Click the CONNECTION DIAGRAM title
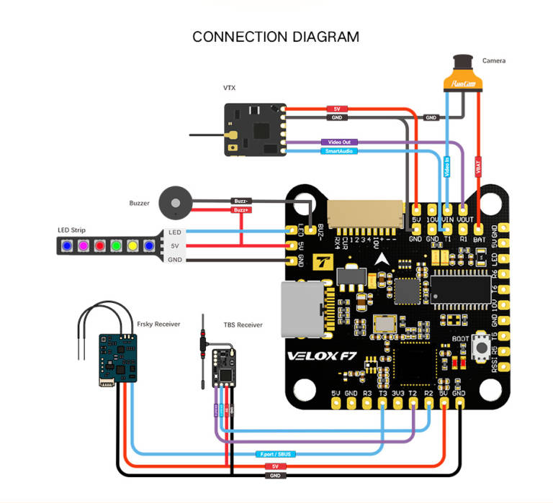275,37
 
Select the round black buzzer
172,202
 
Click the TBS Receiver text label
241,325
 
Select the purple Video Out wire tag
338,142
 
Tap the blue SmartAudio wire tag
338,151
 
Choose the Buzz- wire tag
240,201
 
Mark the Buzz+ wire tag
240,210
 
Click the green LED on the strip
116,246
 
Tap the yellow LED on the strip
132,246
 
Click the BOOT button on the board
480,348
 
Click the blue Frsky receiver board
118,356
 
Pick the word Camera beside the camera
494,61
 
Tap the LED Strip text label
72,230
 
